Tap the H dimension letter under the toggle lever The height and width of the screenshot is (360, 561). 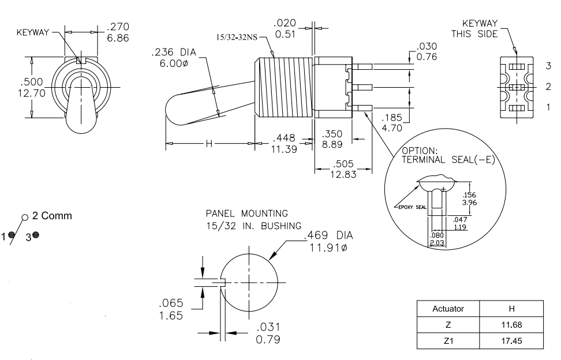click(x=209, y=143)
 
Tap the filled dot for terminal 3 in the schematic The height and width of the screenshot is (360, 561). click(x=36, y=235)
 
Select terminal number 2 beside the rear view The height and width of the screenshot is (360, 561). click(x=547, y=87)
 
